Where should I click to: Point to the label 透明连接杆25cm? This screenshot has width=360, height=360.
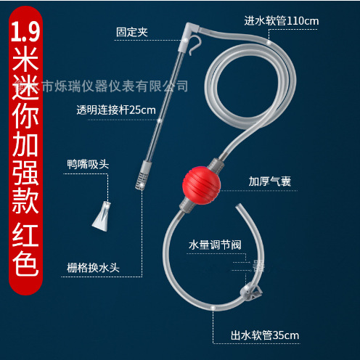(116, 110)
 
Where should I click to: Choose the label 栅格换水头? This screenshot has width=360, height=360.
(93, 266)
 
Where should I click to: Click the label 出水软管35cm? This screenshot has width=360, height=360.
(265, 335)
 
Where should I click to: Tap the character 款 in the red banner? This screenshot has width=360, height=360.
(25, 202)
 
